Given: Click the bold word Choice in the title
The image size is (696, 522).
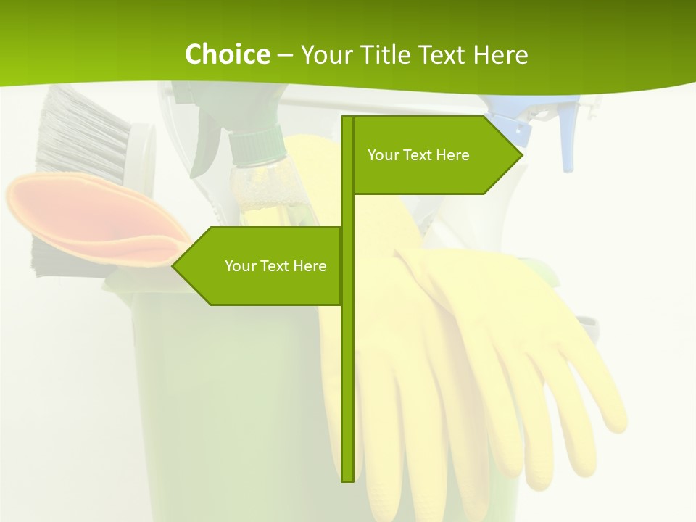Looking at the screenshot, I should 227,54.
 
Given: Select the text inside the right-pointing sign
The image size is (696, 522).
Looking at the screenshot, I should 418,155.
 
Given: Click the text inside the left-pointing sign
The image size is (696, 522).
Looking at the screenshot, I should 275,266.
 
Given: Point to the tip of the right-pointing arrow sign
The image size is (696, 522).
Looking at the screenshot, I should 521,154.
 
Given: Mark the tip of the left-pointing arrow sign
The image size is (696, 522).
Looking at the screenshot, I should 173,265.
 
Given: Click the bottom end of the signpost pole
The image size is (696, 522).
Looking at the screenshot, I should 347,479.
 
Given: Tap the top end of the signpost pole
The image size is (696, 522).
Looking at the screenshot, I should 347,118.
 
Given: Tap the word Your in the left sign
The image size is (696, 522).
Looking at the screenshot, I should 240,266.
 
